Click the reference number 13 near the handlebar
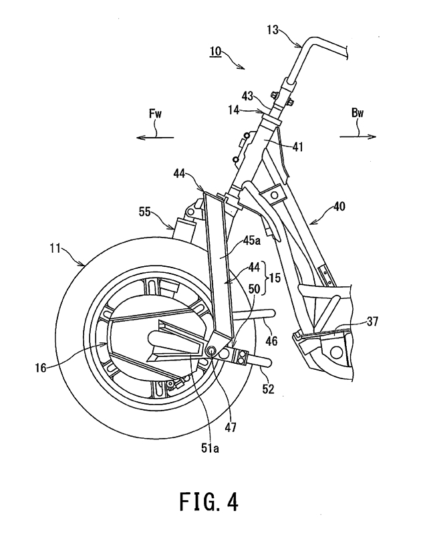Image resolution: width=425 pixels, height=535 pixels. click(273, 30)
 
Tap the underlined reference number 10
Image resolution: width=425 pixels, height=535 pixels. click(215, 51)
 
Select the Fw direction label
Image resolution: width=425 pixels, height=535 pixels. click(156, 113)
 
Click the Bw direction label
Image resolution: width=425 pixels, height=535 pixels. click(358, 113)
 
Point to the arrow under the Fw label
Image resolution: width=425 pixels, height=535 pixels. click(155, 137)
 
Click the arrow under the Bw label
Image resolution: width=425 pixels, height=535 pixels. click(358, 137)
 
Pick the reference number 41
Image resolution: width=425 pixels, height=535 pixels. click(297, 147)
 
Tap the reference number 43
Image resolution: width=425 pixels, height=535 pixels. click(247, 96)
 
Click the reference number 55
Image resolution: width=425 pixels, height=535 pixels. click(144, 211)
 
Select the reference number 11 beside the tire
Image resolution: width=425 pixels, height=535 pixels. click(55, 248)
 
